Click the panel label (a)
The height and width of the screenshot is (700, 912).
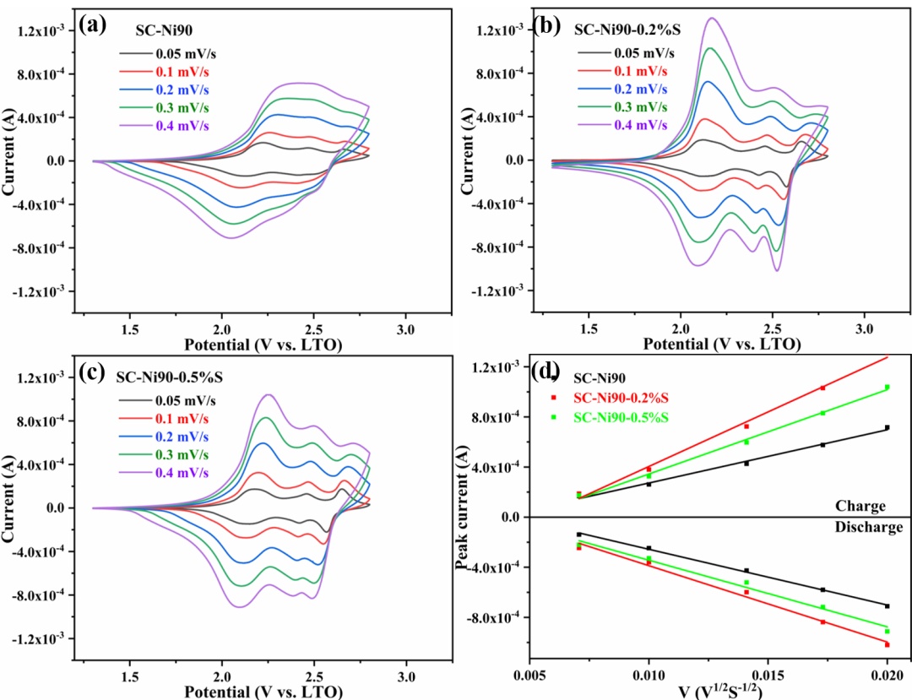92,24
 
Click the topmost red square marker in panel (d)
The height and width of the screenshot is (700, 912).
822,388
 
